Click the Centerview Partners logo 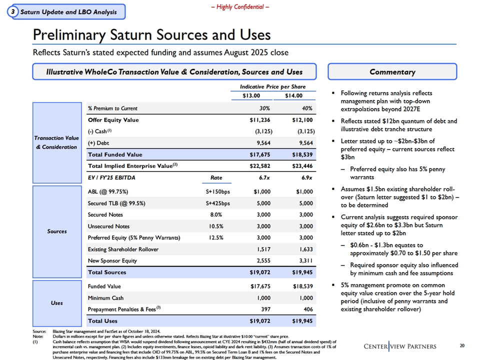(400, 346)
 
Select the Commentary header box (392, 71)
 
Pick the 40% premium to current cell (307, 108)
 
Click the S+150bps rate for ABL (217, 191)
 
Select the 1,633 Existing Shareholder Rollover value (304, 249)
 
